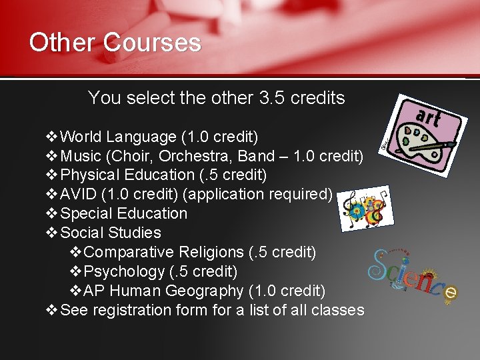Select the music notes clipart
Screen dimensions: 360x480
[364, 209]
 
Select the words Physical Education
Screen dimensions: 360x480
[127, 175]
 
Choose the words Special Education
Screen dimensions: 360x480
[123, 214]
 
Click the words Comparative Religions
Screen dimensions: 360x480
[165, 253]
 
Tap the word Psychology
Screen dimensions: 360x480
[126, 272]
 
